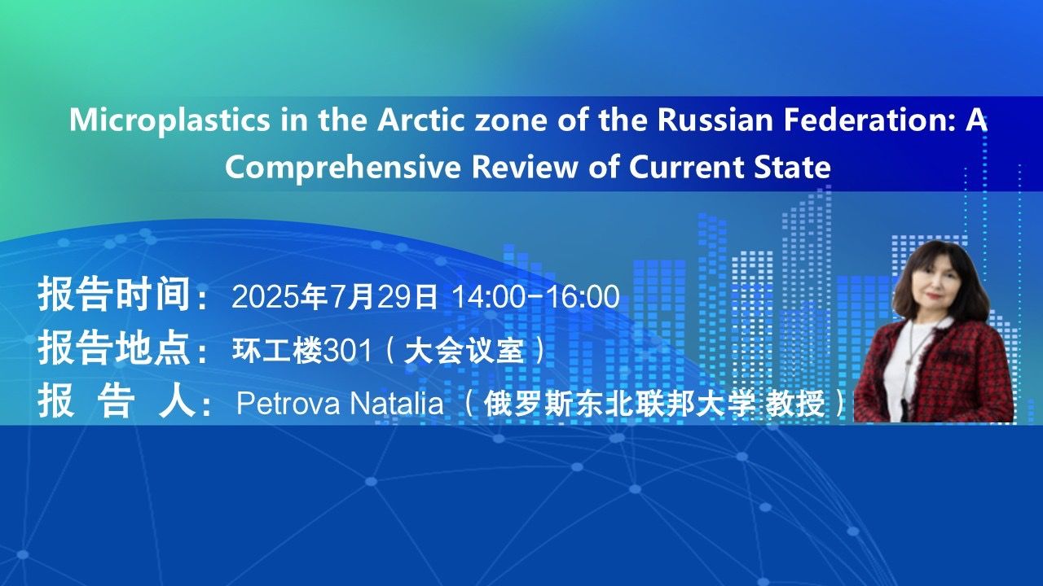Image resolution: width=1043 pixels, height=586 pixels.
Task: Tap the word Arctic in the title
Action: click(x=421, y=120)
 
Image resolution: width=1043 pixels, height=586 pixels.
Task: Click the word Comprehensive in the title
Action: click(x=343, y=168)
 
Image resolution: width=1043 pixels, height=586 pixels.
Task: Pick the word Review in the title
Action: click(x=524, y=167)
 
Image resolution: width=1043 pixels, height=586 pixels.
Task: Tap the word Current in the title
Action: click(x=686, y=167)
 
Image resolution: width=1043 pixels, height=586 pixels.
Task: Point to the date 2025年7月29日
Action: click(x=335, y=296)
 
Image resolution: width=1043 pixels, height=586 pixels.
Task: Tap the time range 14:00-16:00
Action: click(x=535, y=296)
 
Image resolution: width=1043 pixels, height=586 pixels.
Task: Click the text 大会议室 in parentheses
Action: click(x=464, y=350)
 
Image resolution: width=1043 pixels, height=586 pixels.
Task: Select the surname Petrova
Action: click(x=288, y=403)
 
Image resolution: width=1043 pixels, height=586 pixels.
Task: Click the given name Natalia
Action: click(x=396, y=403)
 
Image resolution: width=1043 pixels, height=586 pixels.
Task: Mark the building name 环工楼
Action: click(x=277, y=350)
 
